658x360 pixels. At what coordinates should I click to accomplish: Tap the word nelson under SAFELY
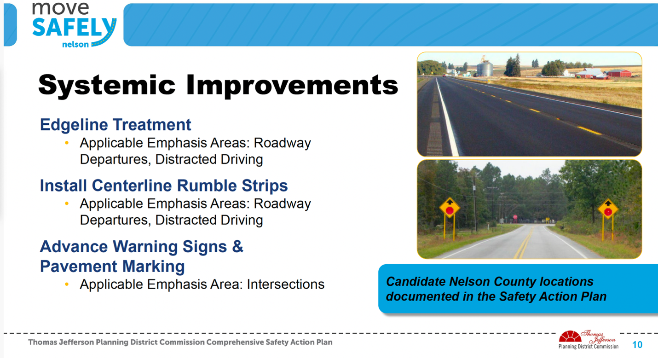(x=75, y=44)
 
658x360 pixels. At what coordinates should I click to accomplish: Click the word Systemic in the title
(x=107, y=86)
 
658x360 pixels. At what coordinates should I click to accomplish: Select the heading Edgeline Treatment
(x=115, y=125)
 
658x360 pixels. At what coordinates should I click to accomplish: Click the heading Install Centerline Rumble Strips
(x=164, y=186)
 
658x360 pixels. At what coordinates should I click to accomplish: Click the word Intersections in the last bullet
(x=286, y=285)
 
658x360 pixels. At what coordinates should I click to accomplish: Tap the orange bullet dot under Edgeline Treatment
(x=67, y=143)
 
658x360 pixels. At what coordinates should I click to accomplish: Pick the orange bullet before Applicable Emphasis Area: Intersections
(x=67, y=284)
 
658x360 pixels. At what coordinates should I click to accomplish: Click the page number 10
(x=637, y=345)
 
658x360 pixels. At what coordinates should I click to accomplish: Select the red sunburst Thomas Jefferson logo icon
(x=570, y=336)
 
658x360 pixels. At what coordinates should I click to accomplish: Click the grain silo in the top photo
(x=485, y=67)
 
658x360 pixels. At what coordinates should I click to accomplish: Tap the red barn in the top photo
(x=620, y=73)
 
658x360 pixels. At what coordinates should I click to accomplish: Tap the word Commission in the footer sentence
(x=182, y=343)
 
